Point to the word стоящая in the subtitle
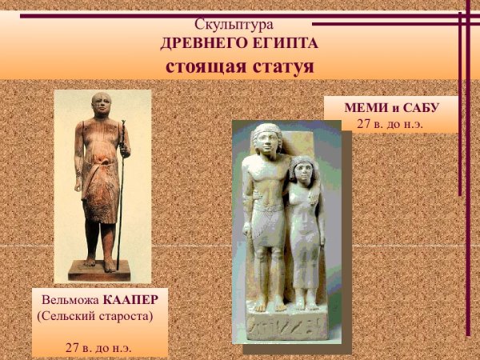point(202,66)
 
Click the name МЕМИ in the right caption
point(366,108)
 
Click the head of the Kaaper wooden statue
point(101,105)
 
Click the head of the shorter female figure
point(302,170)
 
